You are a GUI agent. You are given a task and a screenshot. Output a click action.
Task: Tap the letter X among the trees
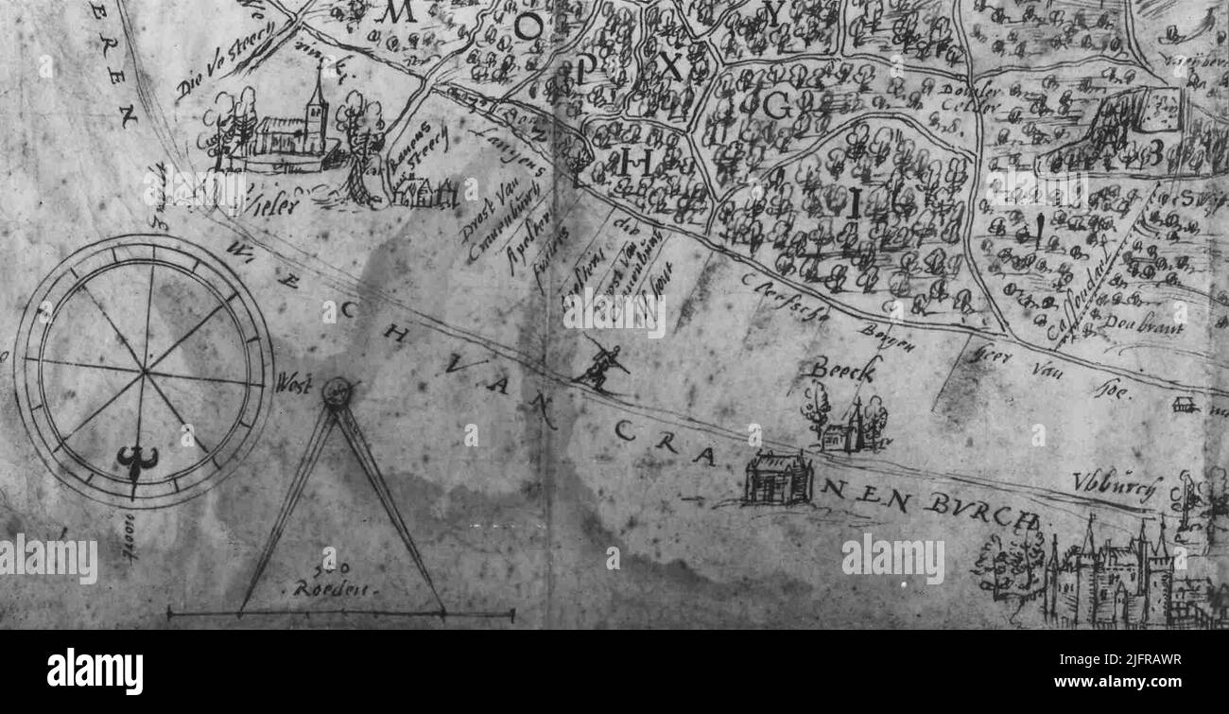point(669,66)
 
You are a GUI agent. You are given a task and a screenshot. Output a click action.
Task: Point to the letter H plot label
point(637,163)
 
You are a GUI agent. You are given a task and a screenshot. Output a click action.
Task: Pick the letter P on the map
point(586,66)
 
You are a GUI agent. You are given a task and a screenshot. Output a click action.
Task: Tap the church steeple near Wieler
point(317,95)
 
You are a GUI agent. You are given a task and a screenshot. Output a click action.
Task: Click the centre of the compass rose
point(144,371)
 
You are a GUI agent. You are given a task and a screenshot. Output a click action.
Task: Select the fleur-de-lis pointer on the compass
point(137,461)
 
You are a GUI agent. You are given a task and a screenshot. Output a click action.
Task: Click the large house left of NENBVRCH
point(777,479)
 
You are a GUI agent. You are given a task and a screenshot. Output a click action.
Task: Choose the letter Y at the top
point(774,13)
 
